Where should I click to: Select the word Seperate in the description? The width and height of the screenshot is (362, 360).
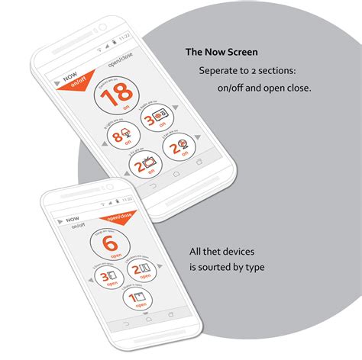tap(218, 70)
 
